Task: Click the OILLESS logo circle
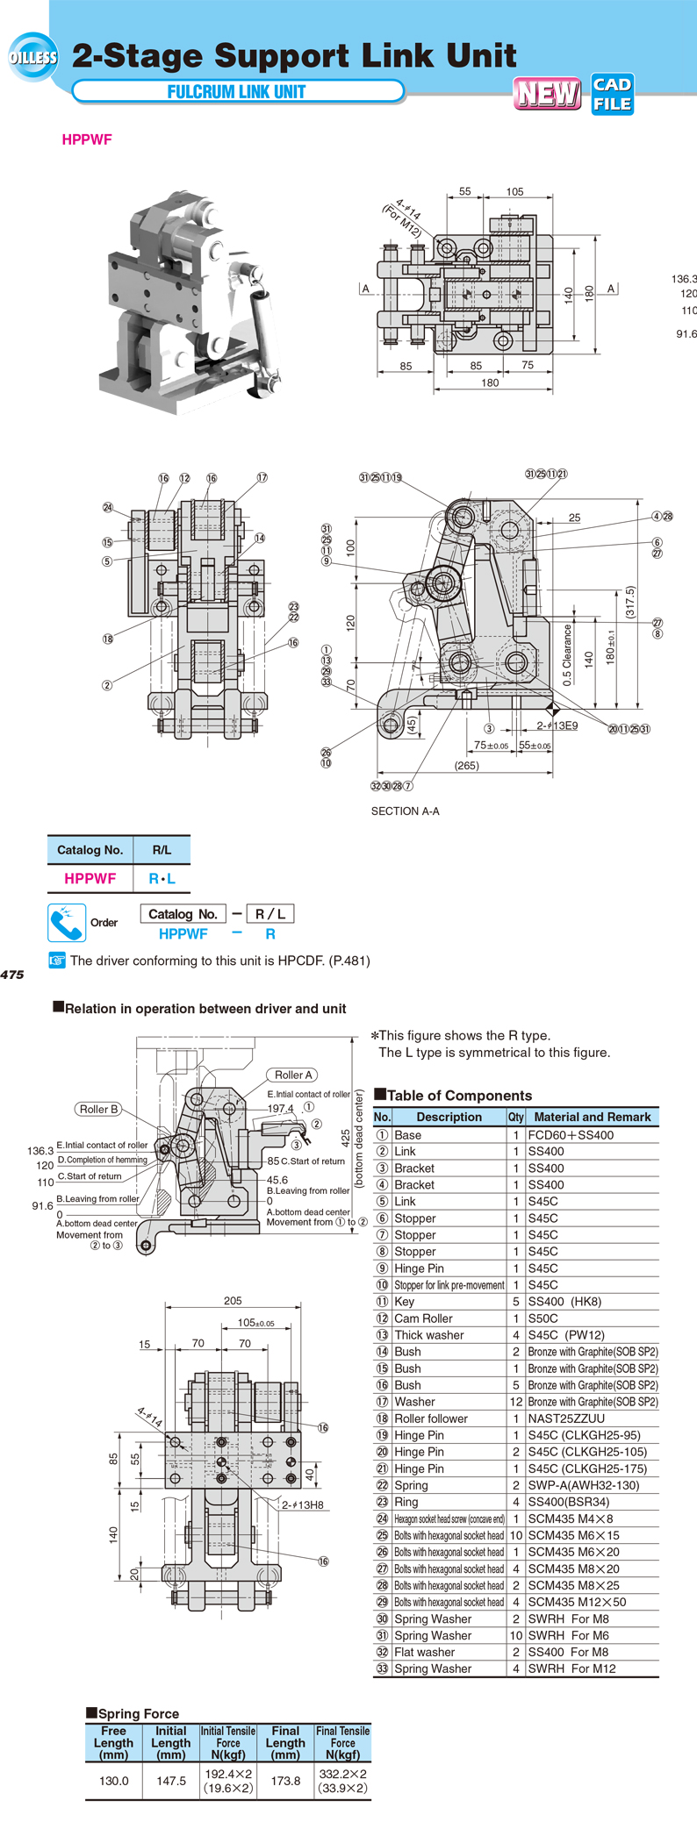[x=33, y=57]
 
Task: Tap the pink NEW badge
[x=548, y=93]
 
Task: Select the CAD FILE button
[x=612, y=94]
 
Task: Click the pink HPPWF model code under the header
[x=87, y=139]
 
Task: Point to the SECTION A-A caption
[x=406, y=811]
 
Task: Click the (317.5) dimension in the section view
[x=629, y=602]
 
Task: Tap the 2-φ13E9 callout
[x=557, y=725]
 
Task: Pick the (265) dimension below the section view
[x=466, y=766]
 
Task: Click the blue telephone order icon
[x=67, y=922]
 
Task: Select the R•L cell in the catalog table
[x=162, y=878]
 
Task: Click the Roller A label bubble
[x=293, y=1075]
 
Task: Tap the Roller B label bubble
[x=98, y=1109]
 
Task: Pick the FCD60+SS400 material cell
[x=571, y=1135]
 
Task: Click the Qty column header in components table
[x=515, y=1117]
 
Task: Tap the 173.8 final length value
[x=285, y=1781]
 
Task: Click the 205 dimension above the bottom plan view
[x=233, y=1301]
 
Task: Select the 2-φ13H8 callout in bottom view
[x=303, y=1505]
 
